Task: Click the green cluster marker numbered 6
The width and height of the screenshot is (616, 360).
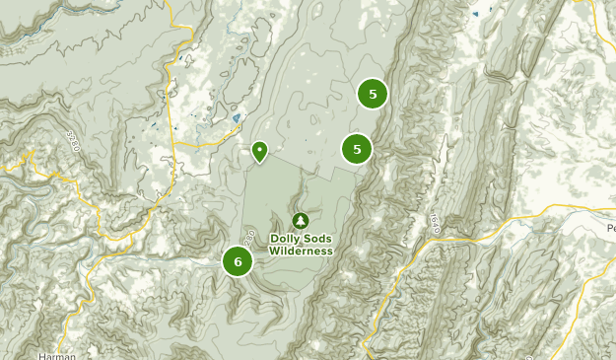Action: click(238, 261)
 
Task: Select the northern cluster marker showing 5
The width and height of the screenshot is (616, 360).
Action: click(373, 95)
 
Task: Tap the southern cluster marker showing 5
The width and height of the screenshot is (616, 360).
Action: click(357, 149)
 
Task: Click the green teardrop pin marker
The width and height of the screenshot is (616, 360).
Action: click(259, 151)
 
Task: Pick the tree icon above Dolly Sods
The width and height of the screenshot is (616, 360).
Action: click(301, 220)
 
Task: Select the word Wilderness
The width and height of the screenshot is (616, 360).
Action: click(301, 251)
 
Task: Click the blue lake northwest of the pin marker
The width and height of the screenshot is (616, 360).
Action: click(236, 119)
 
